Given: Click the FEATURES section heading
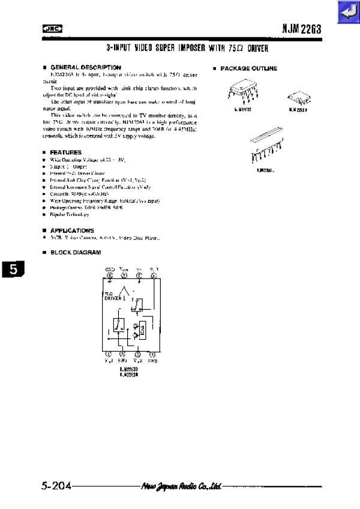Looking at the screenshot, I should (x=65, y=152).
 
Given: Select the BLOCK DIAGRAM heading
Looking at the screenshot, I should (x=75, y=252).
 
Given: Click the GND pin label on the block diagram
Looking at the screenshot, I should (x=110, y=268).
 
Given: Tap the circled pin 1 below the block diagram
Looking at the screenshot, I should (x=109, y=355).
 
